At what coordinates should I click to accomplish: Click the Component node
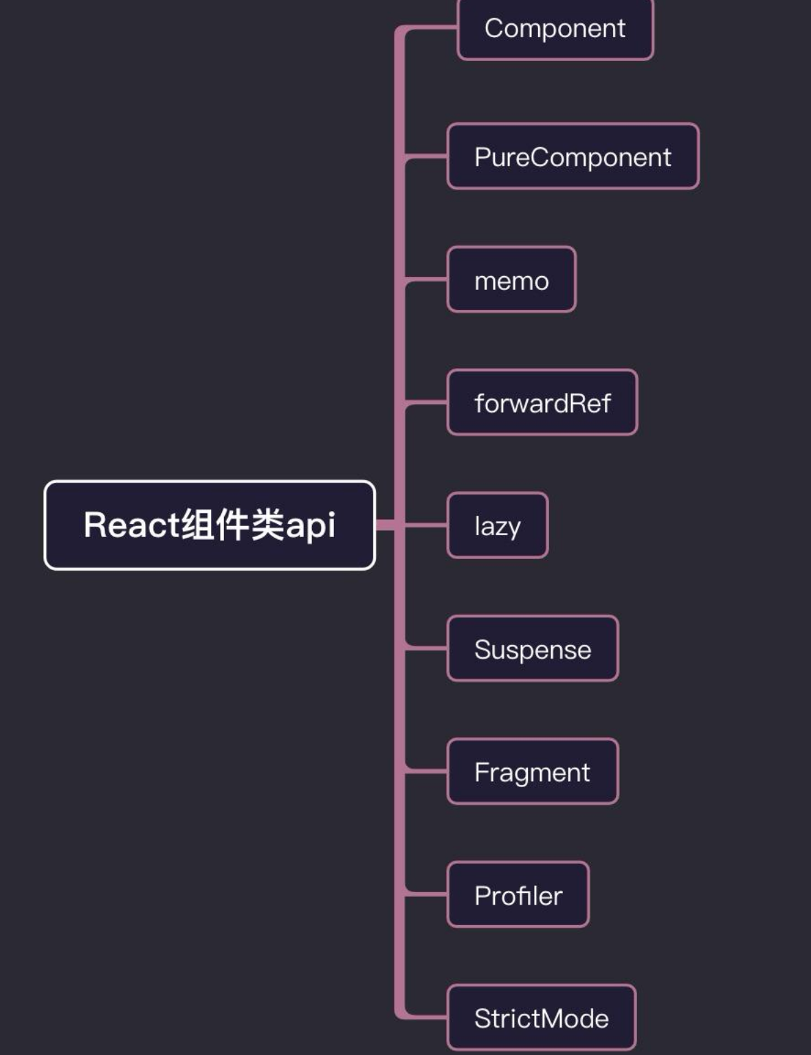pos(555,29)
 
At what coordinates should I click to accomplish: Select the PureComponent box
pos(573,157)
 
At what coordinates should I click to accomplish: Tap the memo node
pos(511,280)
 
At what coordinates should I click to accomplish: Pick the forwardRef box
pos(542,402)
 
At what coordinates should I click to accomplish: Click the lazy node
pos(498,525)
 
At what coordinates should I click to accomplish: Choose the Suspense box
pos(533,649)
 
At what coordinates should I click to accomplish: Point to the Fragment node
pos(533,772)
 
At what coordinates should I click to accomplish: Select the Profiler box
pos(518,895)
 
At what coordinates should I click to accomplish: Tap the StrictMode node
pos(541,1018)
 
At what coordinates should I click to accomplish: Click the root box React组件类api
pos(210,525)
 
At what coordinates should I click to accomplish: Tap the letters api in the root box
pos(310,526)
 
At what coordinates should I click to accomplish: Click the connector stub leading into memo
pos(427,280)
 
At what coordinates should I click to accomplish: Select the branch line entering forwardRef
pos(427,402)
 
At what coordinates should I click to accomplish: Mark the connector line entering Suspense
pos(427,647)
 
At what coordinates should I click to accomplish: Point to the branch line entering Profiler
pos(427,894)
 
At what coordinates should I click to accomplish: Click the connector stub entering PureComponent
pos(427,157)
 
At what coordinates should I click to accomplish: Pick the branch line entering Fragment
pos(427,771)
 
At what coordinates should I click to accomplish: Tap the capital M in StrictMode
pos(538,1018)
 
